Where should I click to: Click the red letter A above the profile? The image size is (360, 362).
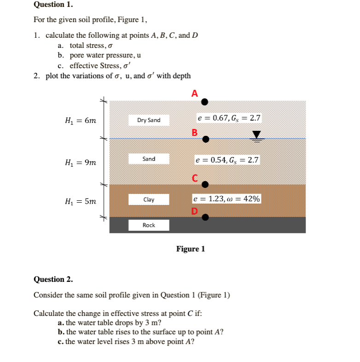(195, 93)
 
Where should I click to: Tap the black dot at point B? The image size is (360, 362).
(206, 139)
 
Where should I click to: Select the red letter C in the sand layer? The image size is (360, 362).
(195, 178)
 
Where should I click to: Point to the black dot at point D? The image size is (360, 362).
(206, 217)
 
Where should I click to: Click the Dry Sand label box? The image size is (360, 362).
(149, 120)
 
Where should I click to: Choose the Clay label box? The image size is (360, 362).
(149, 199)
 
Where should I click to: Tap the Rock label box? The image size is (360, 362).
(149, 225)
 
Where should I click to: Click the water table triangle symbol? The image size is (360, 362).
(256, 135)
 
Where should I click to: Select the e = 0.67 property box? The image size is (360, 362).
(229, 118)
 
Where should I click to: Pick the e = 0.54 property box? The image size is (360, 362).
(227, 160)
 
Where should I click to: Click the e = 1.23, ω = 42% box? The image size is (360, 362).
(227, 199)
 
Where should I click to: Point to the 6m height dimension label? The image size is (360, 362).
(81, 121)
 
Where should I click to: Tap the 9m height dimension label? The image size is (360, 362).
(81, 162)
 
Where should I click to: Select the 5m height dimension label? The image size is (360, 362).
(81, 201)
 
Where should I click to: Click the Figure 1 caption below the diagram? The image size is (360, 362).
(191, 249)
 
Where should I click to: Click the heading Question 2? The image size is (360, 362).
(53, 279)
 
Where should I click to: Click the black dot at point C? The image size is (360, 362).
(205, 185)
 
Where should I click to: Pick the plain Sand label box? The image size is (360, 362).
(149, 159)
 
